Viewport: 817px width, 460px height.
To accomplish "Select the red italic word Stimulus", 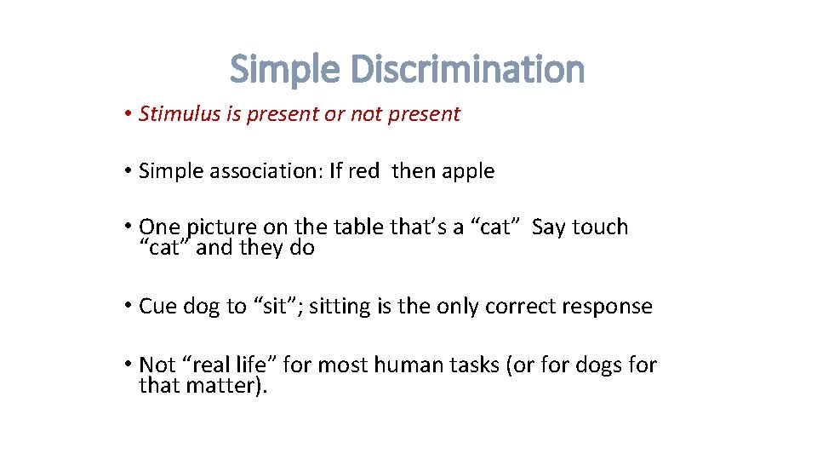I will tap(180, 114).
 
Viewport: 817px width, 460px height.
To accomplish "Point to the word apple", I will tap(467, 171).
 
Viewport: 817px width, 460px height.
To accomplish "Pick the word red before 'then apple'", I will tap(363, 171).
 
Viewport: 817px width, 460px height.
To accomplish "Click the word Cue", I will tap(157, 307).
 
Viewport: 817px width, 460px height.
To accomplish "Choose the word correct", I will tap(520, 307).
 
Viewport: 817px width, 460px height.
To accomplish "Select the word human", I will tap(407, 365).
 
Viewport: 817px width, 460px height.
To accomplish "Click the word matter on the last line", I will tap(223, 386).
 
